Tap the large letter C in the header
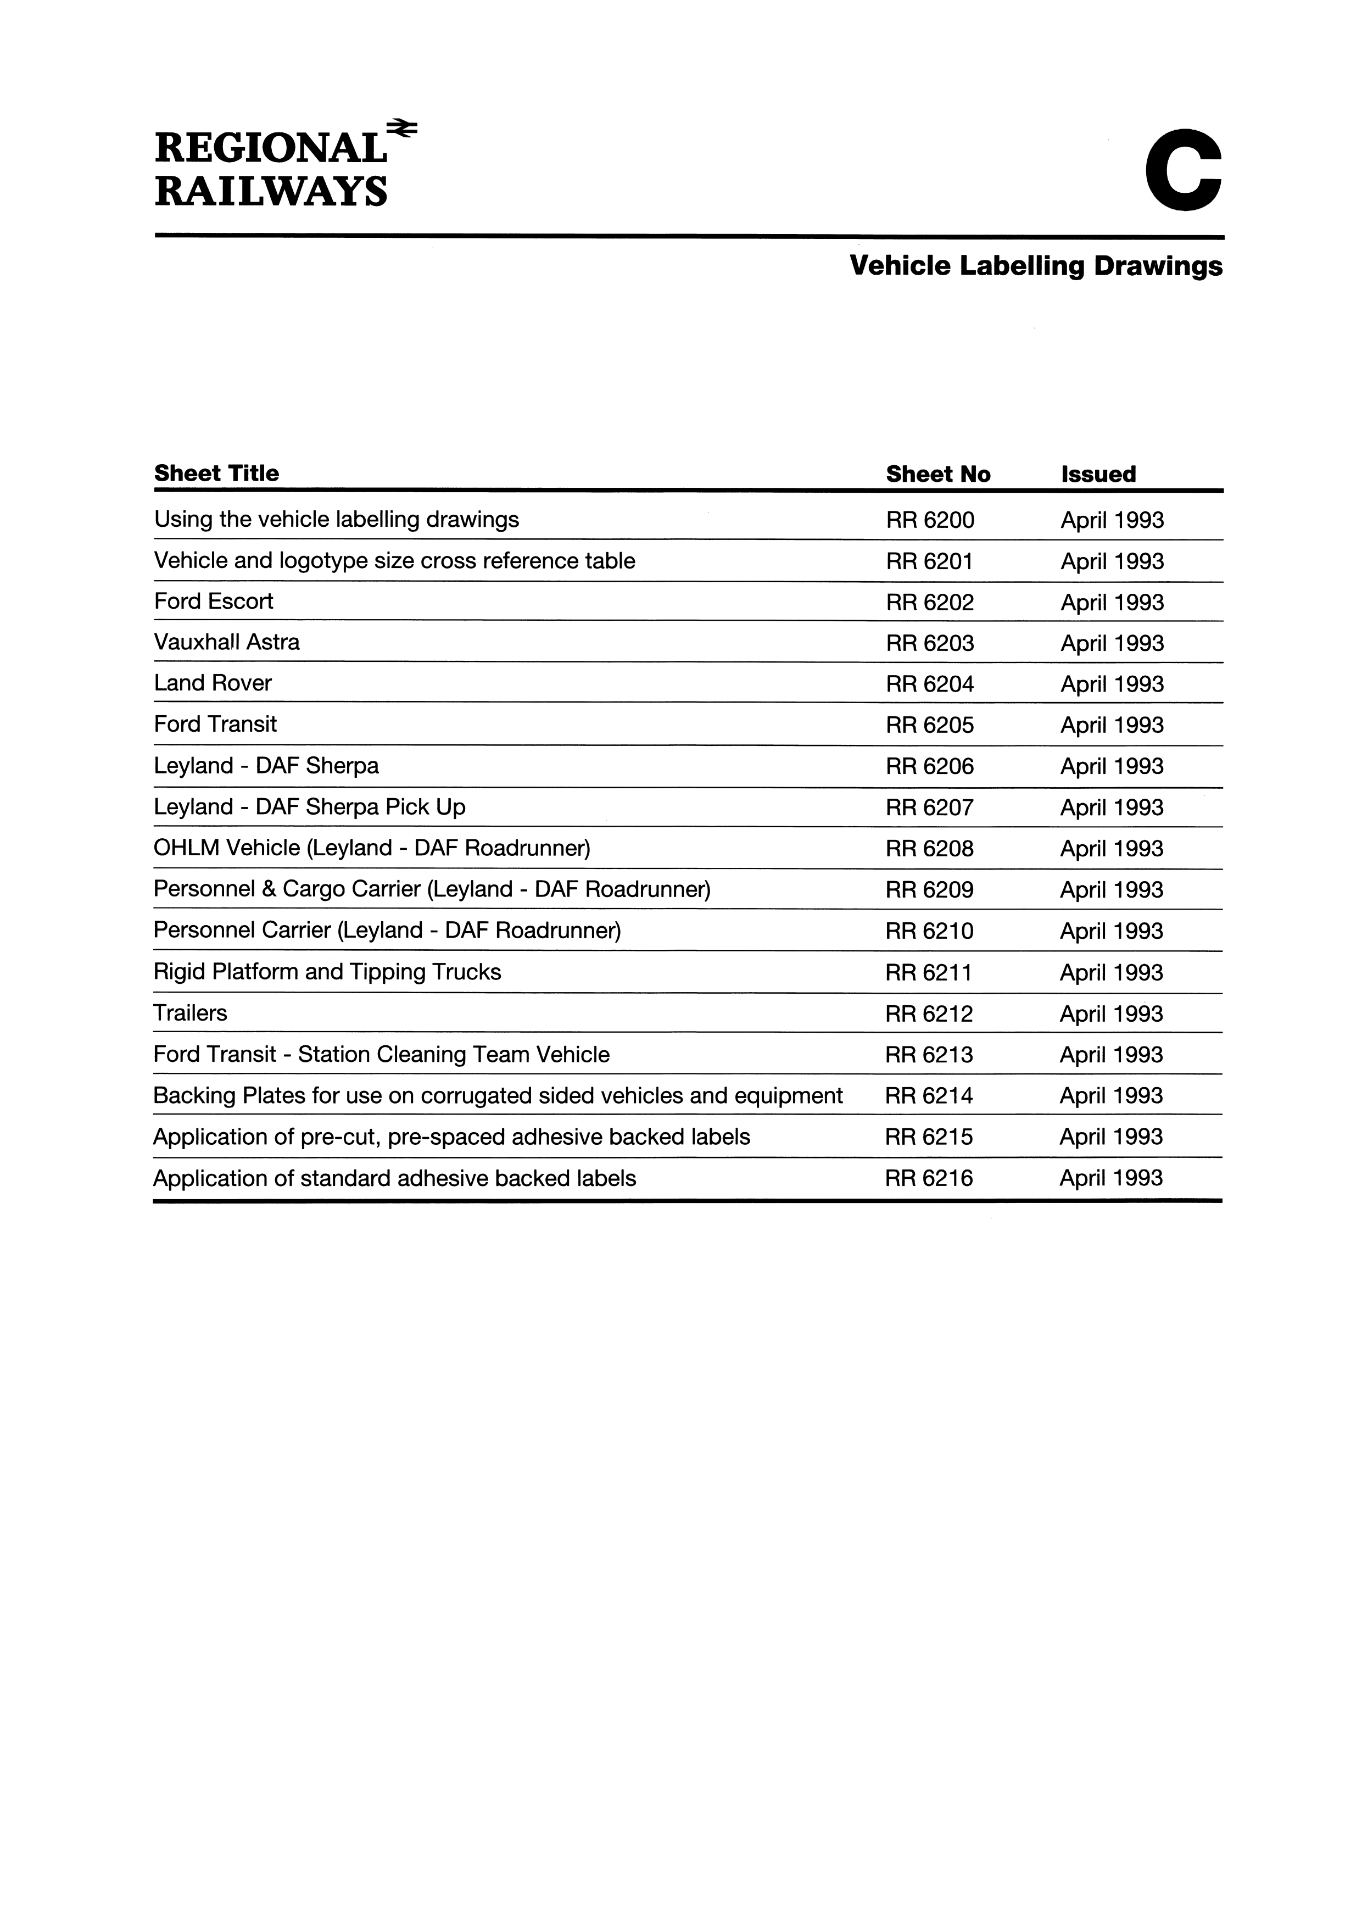click(1184, 171)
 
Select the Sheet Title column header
click(216, 474)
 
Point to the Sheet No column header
click(937, 474)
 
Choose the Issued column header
click(1098, 474)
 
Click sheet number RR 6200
click(930, 520)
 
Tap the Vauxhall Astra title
click(227, 643)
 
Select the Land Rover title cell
click(213, 683)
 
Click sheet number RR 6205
click(930, 725)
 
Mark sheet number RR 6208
click(930, 849)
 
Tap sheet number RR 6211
click(929, 973)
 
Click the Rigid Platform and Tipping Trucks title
click(327, 972)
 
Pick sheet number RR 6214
click(929, 1096)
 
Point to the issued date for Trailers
click(1111, 1014)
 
